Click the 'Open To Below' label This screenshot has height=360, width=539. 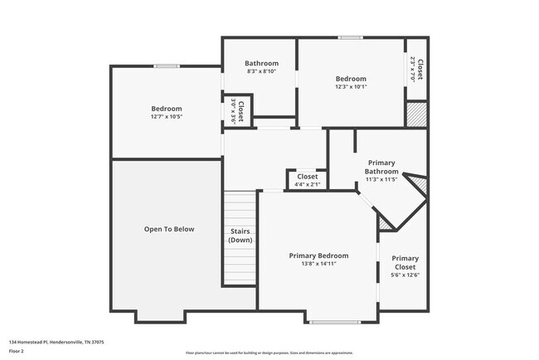[x=168, y=229]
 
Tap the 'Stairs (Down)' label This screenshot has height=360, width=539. [x=240, y=236]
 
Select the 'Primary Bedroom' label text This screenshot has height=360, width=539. [x=318, y=255]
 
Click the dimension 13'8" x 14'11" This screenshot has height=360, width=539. [x=318, y=264]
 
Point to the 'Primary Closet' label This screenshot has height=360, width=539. [x=405, y=262]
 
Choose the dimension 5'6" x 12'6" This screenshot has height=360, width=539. [x=405, y=275]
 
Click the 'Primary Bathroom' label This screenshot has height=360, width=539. [x=381, y=167]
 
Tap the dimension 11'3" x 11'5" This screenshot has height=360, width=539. [x=381, y=179]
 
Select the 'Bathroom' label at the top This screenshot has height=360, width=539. [x=261, y=63]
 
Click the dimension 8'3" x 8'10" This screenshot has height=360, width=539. [x=261, y=72]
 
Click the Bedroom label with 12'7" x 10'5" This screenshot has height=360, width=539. [x=167, y=109]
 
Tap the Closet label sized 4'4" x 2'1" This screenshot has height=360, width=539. [x=307, y=177]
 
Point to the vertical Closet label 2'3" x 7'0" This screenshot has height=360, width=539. [x=420, y=70]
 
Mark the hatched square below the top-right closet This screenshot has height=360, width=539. [x=416, y=114]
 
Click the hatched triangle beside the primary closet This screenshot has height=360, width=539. [x=384, y=221]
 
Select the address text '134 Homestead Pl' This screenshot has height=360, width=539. [x=33, y=342]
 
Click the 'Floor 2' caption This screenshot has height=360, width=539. [x=17, y=352]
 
